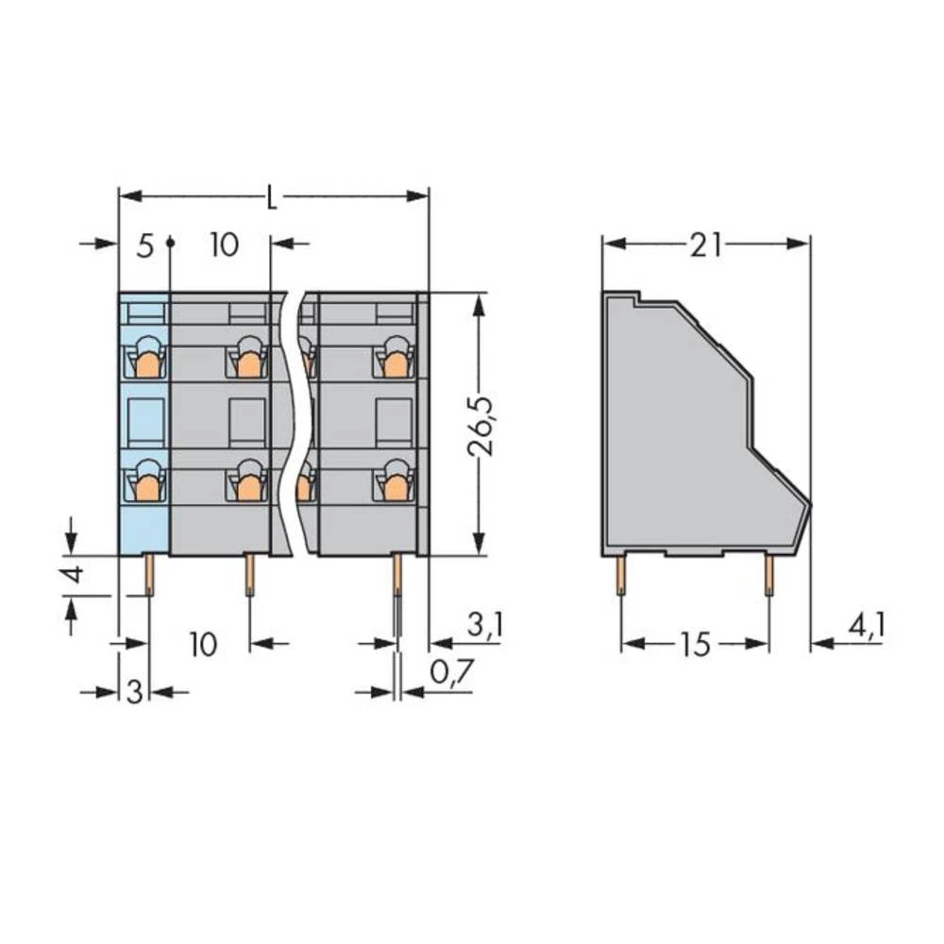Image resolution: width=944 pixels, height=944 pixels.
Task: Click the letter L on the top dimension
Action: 272,198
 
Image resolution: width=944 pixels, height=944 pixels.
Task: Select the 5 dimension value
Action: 144,245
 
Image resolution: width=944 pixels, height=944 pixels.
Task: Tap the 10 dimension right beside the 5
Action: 224,245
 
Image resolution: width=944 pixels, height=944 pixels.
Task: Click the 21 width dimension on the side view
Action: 705,244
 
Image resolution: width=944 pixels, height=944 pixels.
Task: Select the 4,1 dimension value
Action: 866,625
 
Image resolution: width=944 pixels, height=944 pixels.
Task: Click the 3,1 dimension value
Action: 483,625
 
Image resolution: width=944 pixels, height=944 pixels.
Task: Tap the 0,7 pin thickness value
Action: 451,672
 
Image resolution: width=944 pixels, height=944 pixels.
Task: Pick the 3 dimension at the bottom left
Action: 134,692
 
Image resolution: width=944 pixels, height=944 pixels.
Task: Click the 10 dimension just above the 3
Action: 202,645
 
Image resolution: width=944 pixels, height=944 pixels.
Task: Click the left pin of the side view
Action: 620,575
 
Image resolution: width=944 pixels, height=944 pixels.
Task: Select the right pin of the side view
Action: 769,575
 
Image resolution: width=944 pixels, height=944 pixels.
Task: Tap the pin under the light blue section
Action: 149,575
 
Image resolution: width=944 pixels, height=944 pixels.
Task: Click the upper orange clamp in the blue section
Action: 146,361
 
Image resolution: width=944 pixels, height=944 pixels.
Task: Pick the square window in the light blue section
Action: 144,421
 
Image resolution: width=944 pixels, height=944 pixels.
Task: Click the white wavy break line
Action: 295,424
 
